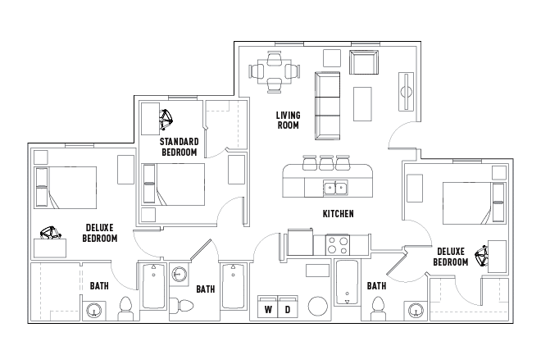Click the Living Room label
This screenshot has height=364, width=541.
(x=288, y=120)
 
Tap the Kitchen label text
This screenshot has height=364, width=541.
(x=338, y=214)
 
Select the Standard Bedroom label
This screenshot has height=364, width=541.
(x=179, y=147)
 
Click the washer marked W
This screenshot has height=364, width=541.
(x=268, y=307)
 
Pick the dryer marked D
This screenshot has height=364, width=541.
(x=288, y=307)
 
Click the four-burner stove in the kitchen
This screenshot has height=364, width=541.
(x=338, y=245)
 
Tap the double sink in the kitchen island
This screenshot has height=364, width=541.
(x=335, y=188)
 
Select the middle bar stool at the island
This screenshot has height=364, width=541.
(x=326, y=163)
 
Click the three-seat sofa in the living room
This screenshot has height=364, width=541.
(x=327, y=106)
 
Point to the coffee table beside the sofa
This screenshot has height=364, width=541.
(x=362, y=104)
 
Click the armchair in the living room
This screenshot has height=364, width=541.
(x=364, y=62)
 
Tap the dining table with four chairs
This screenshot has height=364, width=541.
(x=275, y=72)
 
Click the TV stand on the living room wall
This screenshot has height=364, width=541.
(x=406, y=92)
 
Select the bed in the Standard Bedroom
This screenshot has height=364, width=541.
(x=173, y=184)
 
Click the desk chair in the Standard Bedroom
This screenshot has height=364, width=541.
(x=166, y=120)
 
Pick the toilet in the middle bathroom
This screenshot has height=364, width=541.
(x=181, y=305)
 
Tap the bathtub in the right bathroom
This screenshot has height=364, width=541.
(x=347, y=282)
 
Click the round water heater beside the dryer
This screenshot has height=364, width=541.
(x=318, y=307)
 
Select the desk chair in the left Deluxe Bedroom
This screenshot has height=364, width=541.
(x=50, y=233)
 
